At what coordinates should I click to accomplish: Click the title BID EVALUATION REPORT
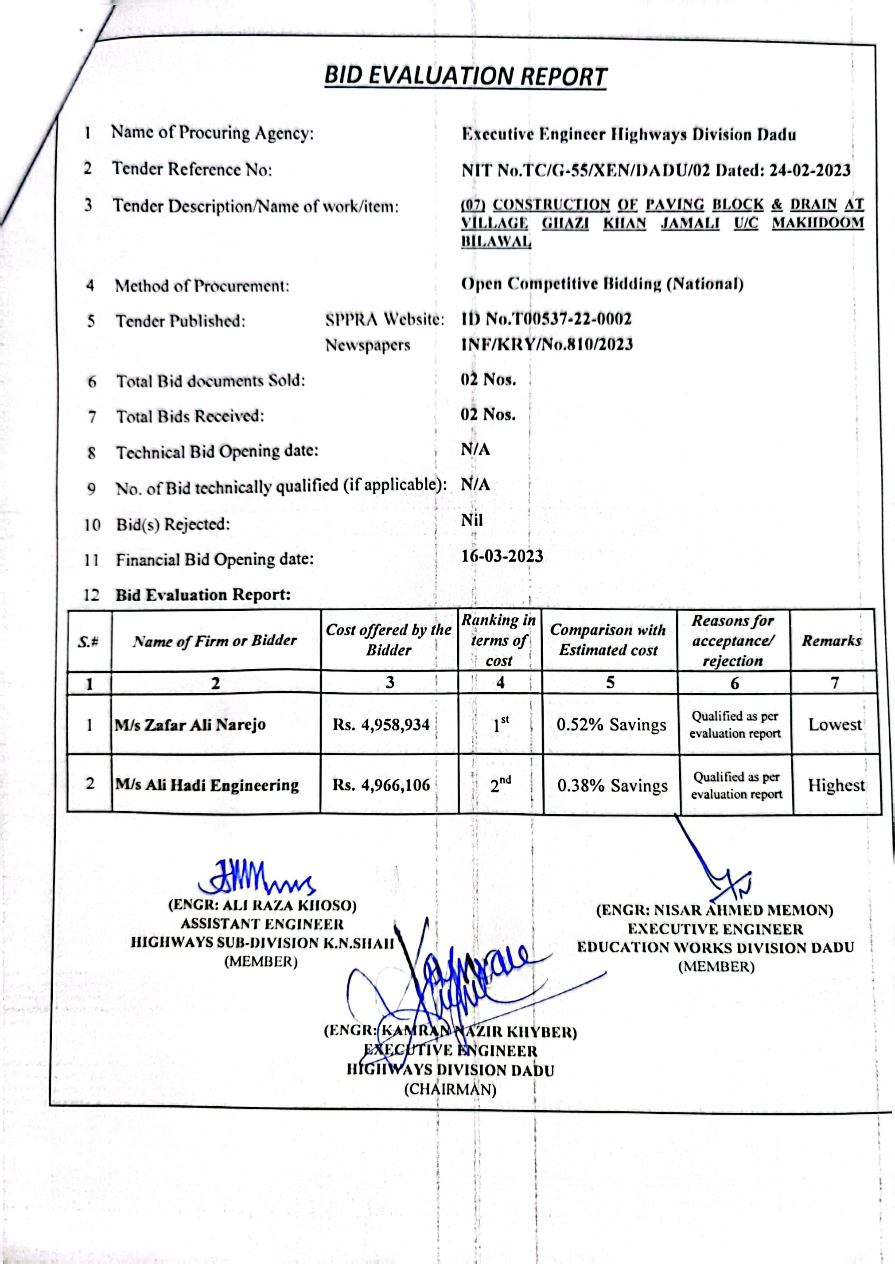[465, 77]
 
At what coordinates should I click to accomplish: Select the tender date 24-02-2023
[809, 170]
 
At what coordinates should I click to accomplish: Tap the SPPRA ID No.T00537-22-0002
[546, 319]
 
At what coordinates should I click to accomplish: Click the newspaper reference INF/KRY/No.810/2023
[547, 344]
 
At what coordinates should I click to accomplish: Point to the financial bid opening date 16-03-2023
[502, 556]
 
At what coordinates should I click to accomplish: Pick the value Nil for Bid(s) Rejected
[472, 520]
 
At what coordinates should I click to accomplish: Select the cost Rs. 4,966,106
[381, 784]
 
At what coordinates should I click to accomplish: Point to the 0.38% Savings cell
[612, 785]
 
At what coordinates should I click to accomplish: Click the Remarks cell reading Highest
[836, 785]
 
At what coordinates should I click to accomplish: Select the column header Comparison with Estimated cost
[608, 640]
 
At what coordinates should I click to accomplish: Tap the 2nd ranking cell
[500, 784]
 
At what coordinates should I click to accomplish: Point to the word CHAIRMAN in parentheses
[450, 1090]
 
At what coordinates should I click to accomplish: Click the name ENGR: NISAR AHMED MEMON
[714, 910]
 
